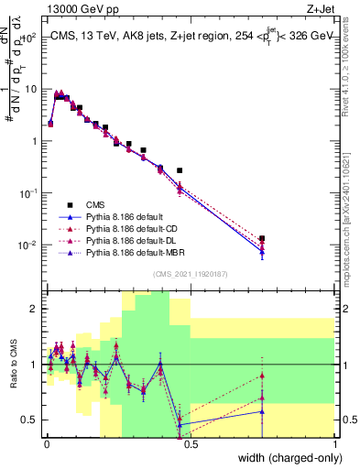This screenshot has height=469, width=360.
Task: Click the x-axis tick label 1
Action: [x=334, y=444]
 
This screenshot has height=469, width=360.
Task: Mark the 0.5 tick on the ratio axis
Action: [x=30, y=420]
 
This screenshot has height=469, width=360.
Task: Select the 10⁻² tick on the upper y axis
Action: [x=27, y=245]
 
